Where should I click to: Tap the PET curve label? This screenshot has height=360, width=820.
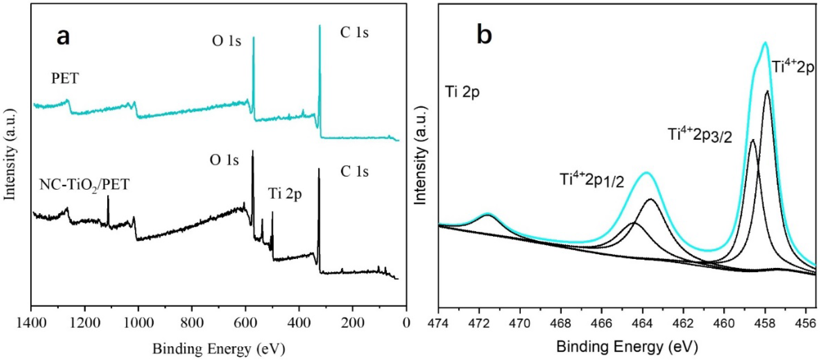point(65,78)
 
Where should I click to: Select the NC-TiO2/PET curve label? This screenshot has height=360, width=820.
point(84,185)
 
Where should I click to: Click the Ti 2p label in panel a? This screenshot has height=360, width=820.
point(285,194)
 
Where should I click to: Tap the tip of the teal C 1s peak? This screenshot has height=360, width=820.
point(320,26)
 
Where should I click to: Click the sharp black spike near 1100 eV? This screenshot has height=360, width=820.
point(108,196)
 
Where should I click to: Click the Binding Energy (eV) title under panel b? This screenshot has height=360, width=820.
point(627,346)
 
